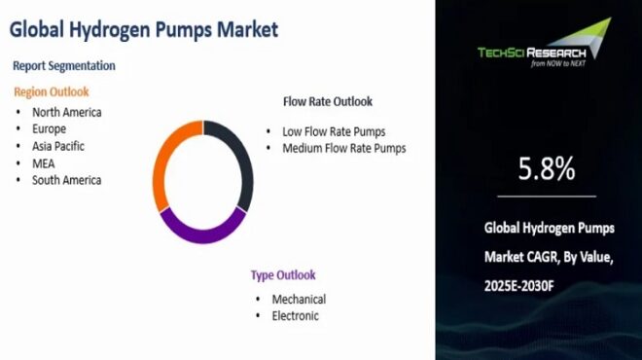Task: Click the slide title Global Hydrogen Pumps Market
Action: click(x=144, y=29)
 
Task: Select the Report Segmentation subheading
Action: click(x=64, y=65)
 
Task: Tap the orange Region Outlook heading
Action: click(x=51, y=91)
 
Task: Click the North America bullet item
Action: click(x=66, y=112)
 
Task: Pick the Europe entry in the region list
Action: click(x=50, y=128)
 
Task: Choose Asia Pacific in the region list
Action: click(x=59, y=146)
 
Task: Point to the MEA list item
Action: click(x=44, y=162)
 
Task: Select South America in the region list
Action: click(x=66, y=180)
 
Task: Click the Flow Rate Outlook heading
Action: click(x=327, y=101)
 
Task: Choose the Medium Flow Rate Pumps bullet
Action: click(x=343, y=149)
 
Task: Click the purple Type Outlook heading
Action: click(x=283, y=274)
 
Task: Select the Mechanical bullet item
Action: click(x=299, y=299)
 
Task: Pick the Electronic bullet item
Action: click(x=296, y=315)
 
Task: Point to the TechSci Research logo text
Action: click(x=533, y=53)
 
